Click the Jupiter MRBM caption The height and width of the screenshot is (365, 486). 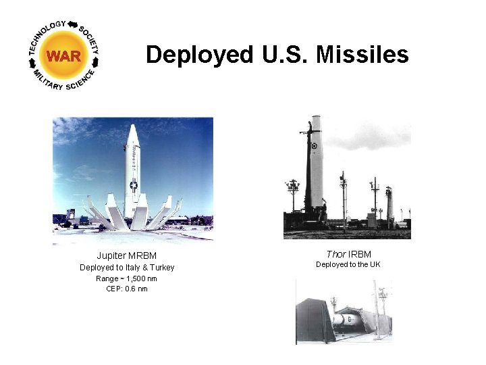126,255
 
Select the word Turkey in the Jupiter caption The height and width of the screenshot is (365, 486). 160,267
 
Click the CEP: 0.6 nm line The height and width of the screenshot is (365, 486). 126,289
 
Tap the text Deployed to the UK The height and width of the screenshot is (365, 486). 348,264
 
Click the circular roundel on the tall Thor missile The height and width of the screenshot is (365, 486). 314,145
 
